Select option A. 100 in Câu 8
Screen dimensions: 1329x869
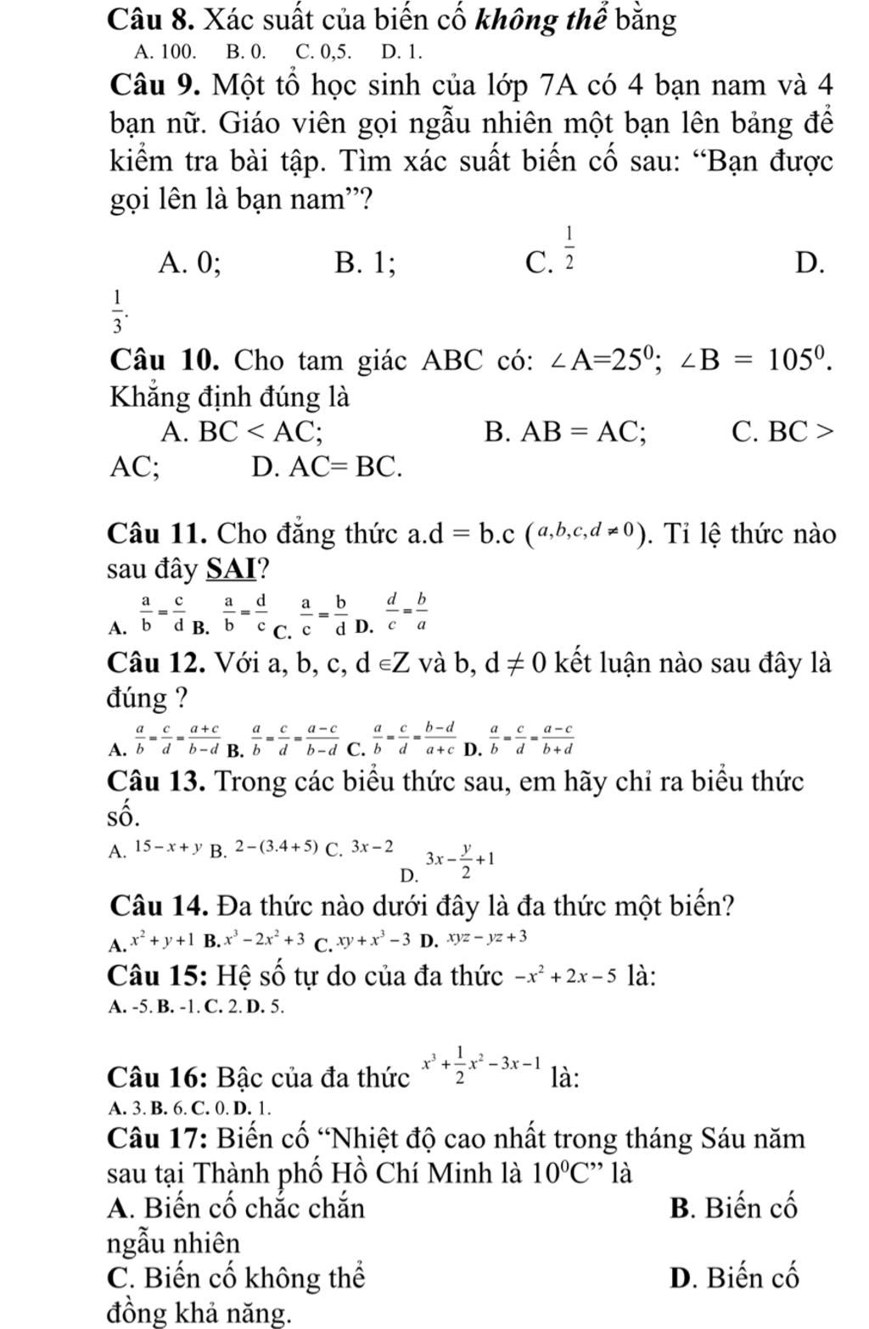point(165,52)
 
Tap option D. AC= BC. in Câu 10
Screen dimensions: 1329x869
point(326,466)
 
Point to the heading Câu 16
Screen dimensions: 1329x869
point(158,1078)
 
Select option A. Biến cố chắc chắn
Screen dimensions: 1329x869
point(237,1207)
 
